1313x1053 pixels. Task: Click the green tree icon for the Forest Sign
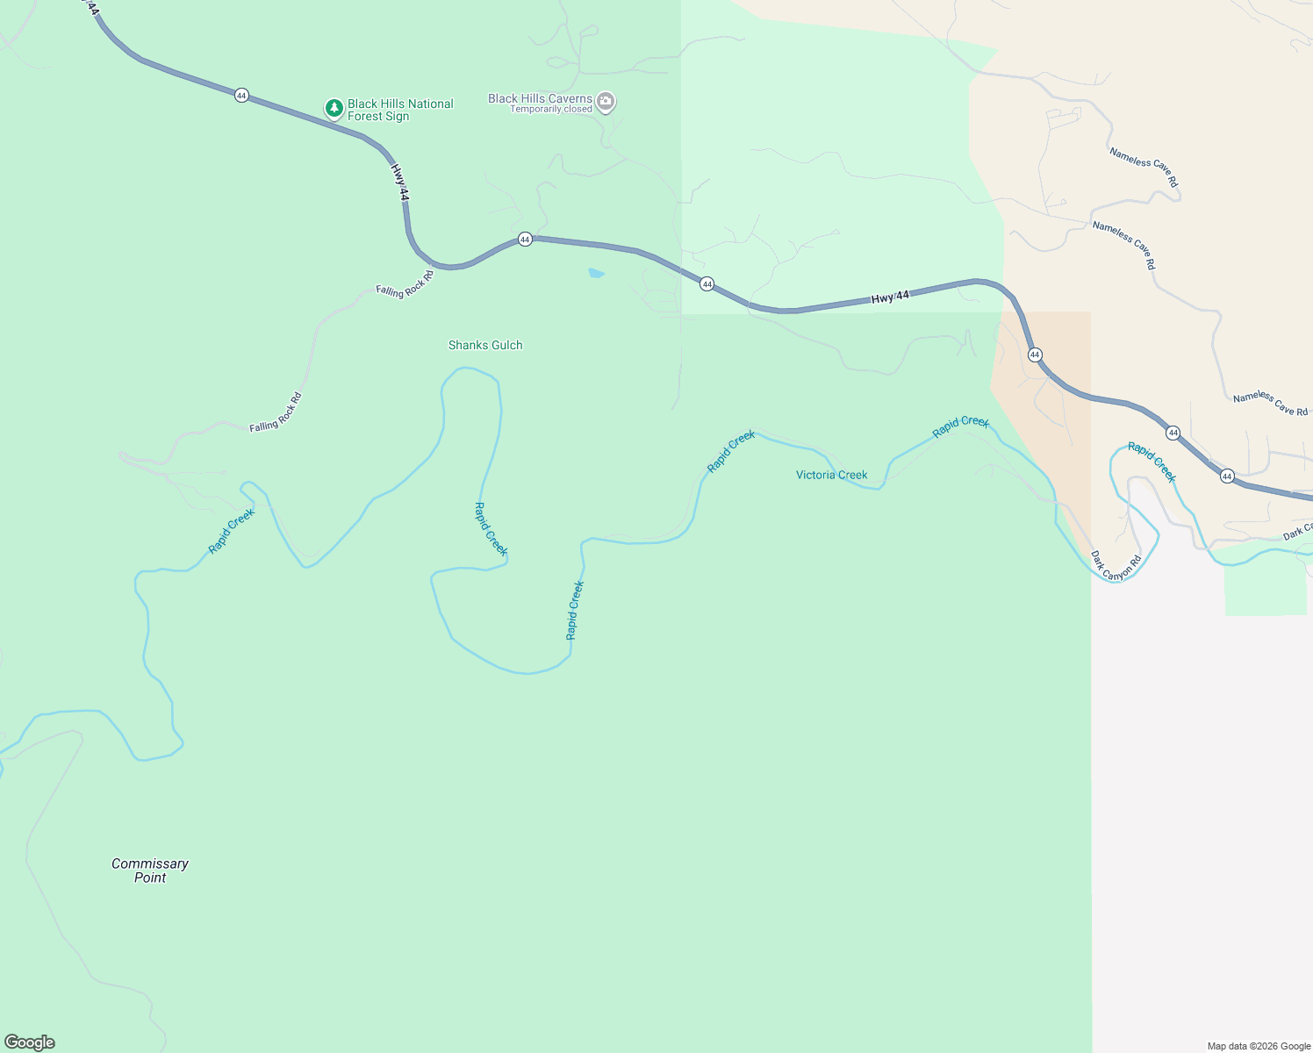(334, 109)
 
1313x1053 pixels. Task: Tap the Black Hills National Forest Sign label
(400, 110)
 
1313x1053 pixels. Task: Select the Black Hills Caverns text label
(540, 98)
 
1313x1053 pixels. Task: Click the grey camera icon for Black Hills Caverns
(606, 103)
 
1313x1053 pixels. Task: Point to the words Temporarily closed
(551, 110)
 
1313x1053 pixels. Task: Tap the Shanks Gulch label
(485, 345)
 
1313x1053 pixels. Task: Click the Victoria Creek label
(831, 475)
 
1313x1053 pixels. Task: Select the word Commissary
(150, 863)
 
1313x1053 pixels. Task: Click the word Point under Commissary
(150, 877)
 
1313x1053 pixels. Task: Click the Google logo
(30, 1042)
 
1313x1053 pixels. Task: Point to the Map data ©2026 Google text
(1259, 1046)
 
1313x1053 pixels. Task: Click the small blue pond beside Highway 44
(596, 274)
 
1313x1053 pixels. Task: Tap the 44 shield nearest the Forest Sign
(241, 95)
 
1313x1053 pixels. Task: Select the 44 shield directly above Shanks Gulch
(525, 239)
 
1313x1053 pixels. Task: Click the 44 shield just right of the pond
(707, 284)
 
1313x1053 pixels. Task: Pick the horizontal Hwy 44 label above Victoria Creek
(890, 297)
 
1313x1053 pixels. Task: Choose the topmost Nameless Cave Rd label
(1144, 167)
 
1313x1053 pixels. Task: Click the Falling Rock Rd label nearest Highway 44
(405, 284)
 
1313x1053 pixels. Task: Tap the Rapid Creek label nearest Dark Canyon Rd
(1152, 462)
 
